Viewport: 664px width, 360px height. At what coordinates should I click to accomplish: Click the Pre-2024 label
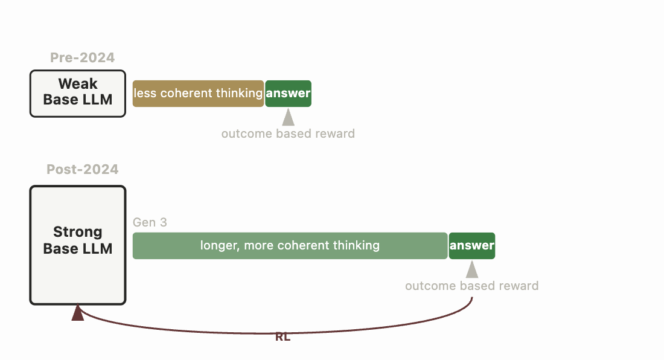(82, 58)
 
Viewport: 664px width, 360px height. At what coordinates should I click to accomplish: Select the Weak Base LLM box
(78, 93)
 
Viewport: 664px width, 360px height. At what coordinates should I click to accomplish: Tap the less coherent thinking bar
(198, 93)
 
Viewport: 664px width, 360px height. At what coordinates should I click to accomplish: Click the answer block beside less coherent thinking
(289, 93)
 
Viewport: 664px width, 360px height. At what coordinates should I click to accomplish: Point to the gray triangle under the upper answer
(289, 117)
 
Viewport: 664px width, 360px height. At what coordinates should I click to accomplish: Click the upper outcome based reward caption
(288, 133)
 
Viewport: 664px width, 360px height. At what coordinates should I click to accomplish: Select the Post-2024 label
(82, 169)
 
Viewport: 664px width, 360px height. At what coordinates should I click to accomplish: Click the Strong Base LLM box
(78, 245)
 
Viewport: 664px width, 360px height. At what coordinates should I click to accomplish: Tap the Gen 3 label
(150, 223)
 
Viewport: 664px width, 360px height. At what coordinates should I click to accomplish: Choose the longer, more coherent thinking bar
(290, 245)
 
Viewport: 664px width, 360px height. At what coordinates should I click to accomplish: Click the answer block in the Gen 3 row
(472, 245)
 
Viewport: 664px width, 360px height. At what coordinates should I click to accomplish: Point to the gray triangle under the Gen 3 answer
(472, 269)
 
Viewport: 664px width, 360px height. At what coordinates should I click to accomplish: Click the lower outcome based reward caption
(471, 286)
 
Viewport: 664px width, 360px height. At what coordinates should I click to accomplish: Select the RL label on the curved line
(283, 337)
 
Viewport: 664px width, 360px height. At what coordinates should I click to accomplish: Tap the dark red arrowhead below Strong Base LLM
(78, 313)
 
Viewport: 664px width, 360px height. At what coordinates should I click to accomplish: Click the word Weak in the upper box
(78, 84)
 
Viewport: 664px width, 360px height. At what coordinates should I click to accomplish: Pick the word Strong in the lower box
(78, 232)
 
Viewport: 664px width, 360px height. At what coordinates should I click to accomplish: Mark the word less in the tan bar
(144, 93)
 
